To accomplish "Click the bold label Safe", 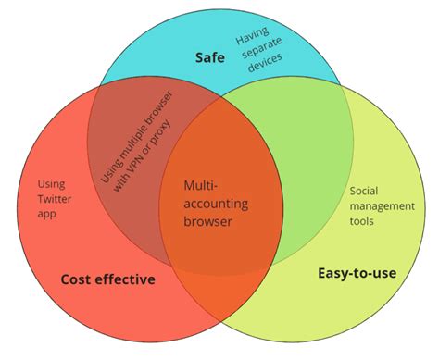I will (210, 57).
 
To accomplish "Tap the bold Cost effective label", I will (107, 279).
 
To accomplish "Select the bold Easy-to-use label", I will (357, 273).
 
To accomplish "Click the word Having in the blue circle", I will (251, 40).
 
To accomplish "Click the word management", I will (382, 205).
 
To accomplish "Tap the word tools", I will (364, 220).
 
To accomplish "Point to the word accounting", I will (217, 203).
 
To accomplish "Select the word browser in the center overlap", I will (208, 221).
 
